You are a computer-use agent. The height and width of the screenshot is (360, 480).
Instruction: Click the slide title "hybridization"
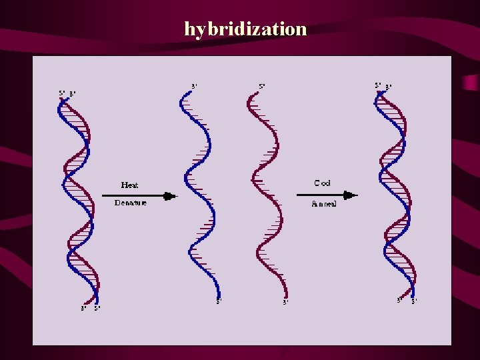[x=245, y=29]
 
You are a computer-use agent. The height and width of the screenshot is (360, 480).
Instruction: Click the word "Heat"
[x=129, y=185]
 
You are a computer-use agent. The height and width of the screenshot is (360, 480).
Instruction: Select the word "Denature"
[x=130, y=203]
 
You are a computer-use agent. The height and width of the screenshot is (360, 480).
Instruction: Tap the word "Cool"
[x=323, y=183]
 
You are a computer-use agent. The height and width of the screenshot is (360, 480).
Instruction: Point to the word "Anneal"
[x=324, y=204]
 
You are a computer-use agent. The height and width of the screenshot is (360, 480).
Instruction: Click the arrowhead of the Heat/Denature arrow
[x=171, y=196]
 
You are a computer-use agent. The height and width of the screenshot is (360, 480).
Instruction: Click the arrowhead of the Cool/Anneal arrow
[x=352, y=195]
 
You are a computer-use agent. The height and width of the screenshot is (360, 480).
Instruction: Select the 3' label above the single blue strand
[x=194, y=87]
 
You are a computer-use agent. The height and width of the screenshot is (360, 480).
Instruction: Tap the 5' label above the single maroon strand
[x=262, y=87]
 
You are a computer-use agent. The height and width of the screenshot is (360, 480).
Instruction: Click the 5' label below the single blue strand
[x=219, y=302]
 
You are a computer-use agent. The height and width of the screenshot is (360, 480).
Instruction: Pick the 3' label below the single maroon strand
[x=285, y=302]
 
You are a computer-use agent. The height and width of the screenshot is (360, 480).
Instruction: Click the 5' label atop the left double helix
[x=62, y=93]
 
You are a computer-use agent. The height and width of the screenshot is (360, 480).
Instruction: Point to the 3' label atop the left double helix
[x=72, y=93]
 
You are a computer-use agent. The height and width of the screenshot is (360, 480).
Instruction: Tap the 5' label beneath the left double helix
[x=97, y=308]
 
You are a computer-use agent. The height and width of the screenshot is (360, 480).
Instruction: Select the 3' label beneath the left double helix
[x=83, y=308]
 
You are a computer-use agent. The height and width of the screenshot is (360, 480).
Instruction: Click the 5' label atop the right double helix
[x=378, y=85]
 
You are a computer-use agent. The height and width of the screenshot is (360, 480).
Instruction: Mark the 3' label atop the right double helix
[x=388, y=86]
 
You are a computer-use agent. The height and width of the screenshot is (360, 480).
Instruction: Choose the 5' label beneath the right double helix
[x=414, y=301]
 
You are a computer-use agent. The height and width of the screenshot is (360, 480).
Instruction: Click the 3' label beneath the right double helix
[x=399, y=301]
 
